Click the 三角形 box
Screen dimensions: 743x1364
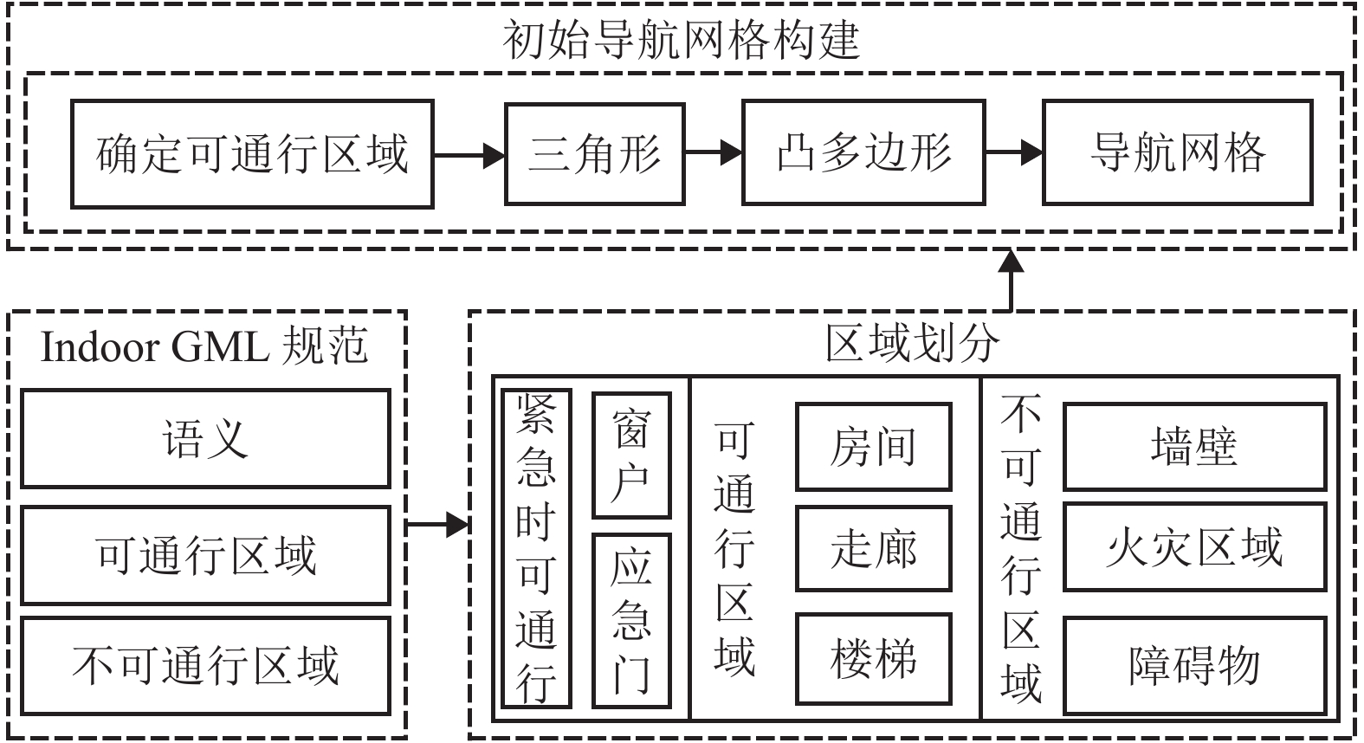[x=595, y=154]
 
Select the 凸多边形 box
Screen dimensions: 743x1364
[x=863, y=153]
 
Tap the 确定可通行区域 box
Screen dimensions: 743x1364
[x=252, y=154]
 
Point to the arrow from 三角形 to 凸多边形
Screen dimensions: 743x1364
[x=713, y=154]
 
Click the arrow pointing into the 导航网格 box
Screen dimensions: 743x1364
[x=1013, y=153]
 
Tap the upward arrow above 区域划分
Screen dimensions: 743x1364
[x=1011, y=280]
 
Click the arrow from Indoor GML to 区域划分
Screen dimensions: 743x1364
[x=437, y=524]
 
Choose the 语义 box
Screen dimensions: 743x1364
[x=205, y=438]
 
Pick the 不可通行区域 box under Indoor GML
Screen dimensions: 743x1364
[x=205, y=666]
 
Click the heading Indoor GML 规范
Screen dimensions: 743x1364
[x=205, y=347]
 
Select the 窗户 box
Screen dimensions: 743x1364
[x=631, y=455]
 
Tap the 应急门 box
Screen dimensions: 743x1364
[x=631, y=621]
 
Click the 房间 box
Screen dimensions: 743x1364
[x=873, y=447]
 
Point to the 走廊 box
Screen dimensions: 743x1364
[x=873, y=549]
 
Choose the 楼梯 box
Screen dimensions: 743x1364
[x=873, y=659]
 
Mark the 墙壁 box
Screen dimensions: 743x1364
[x=1194, y=447]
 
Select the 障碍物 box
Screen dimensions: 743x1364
[x=1194, y=665]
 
